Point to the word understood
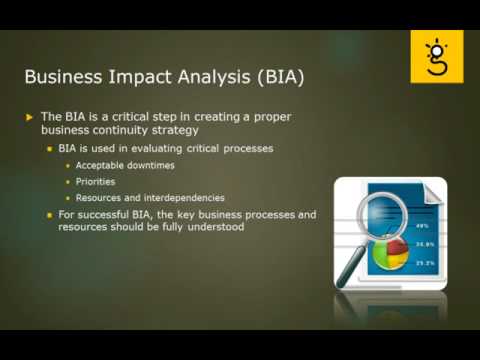coord(217,227)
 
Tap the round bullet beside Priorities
coord(68,182)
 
